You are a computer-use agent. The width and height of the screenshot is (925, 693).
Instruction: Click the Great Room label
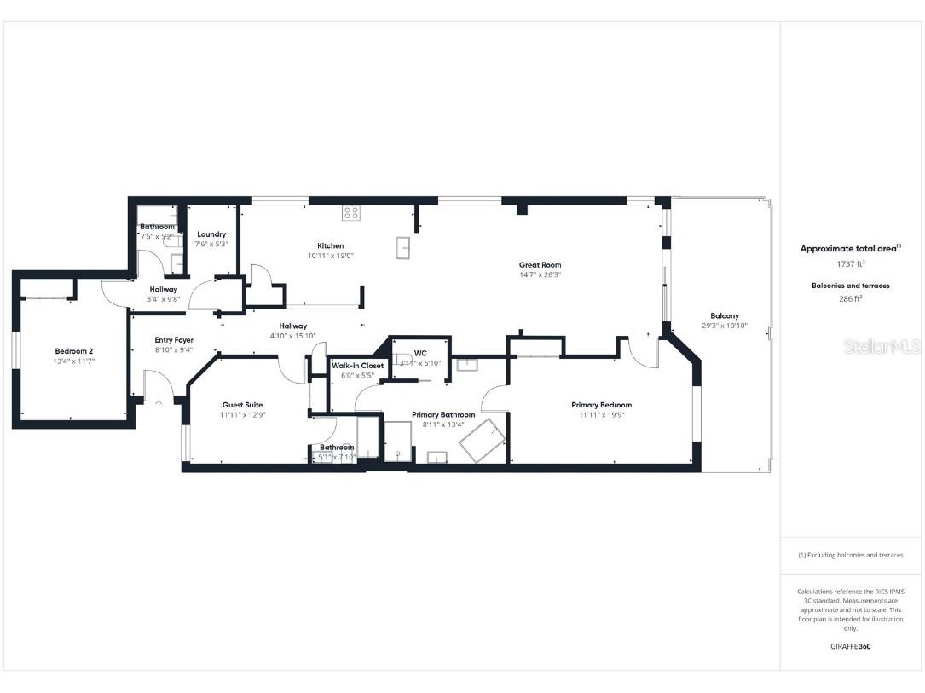click(x=540, y=264)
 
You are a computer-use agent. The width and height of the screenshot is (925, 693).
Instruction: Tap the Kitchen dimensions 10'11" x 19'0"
click(x=330, y=255)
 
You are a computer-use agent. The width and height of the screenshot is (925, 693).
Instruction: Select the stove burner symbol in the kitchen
click(x=350, y=212)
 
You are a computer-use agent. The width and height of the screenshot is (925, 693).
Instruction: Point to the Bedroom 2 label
click(x=73, y=350)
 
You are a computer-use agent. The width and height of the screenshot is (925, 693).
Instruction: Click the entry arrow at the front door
click(x=158, y=403)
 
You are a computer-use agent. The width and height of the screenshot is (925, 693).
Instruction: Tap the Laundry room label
click(x=211, y=234)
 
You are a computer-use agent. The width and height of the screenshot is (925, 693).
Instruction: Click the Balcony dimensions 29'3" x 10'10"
click(x=725, y=326)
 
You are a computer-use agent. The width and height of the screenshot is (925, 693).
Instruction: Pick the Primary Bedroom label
click(x=601, y=405)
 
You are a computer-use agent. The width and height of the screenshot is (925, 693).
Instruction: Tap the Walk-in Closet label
click(x=357, y=365)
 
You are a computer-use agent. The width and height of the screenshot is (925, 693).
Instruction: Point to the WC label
click(x=420, y=353)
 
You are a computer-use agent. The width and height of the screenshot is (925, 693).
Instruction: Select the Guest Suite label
click(x=242, y=405)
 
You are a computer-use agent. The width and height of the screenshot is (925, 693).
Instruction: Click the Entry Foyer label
click(x=174, y=339)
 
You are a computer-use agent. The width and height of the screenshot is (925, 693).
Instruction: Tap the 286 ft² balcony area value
click(x=850, y=299)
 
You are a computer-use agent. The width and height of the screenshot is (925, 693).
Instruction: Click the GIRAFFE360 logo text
click(x=850, y=646)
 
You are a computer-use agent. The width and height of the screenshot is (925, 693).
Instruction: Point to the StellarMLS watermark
click(x=882, y=347)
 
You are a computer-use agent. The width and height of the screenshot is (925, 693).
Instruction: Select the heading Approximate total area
click(x=849, y=249)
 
